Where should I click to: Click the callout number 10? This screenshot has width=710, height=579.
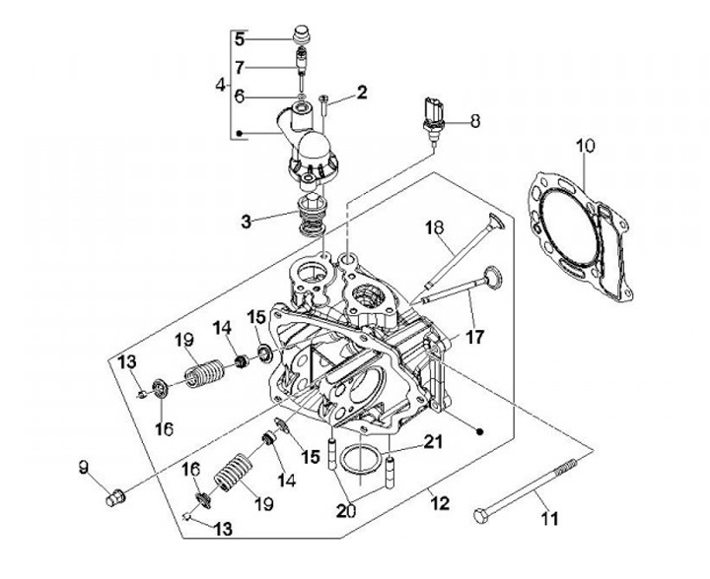(586, 147)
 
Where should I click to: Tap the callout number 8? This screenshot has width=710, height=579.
(474, 121)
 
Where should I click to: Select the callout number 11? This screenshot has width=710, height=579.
(549, 518)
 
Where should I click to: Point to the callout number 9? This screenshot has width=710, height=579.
(83, 468)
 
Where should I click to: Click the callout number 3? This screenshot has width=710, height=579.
(246, 222)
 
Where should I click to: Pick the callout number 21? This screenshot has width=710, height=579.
(433, 441)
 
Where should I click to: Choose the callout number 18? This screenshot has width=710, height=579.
(435, 227)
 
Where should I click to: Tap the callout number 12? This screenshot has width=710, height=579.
(440, 503)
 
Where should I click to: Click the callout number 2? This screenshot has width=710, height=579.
(362, 93)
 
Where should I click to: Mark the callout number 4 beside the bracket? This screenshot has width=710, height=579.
(220, 85)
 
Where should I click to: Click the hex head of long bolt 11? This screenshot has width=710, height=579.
(481, 516)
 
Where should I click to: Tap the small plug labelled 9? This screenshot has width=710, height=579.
(115, 497)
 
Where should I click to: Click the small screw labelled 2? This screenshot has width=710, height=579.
(324, 105)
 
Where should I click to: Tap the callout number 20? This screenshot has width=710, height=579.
(346, 510)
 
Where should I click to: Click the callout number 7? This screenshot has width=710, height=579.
(240, 68)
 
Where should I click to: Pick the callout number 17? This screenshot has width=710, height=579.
(474, 337)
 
